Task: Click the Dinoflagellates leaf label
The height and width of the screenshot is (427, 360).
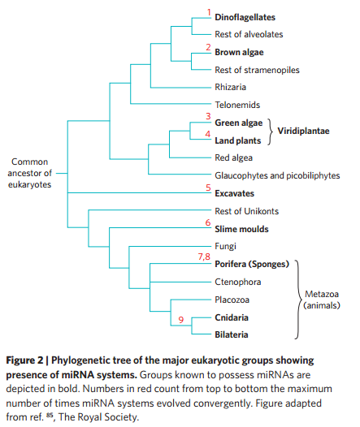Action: coord(245,17)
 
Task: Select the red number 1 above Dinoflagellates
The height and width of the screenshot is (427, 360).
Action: coord(209,12)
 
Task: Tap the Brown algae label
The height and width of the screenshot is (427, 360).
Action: coord(239,52)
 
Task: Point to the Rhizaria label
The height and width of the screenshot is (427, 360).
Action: coord(231,87)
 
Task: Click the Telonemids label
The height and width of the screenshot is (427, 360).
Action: coord(237,105)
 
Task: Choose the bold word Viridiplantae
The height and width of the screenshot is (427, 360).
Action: coord(303,131)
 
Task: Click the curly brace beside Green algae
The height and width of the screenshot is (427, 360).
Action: coord(271,132)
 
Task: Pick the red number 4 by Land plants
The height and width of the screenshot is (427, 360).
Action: coord(208,134)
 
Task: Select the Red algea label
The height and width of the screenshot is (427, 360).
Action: coord(233,157)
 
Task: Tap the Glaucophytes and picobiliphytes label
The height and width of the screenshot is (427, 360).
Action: coord(277,175)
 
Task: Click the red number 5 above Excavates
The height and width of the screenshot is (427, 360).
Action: coord(208,188)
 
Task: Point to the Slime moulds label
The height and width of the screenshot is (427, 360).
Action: coord(241,229)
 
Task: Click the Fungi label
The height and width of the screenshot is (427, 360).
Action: coord(225,247)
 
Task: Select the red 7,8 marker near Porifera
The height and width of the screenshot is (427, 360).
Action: coord(204,257)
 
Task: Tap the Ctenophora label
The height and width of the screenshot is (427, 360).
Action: coord(238,282)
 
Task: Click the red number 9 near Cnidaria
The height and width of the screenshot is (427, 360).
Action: coord(181,320)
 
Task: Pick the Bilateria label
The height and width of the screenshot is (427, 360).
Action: coord(232,334)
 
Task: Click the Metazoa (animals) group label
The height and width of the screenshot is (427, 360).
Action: coord(322,300)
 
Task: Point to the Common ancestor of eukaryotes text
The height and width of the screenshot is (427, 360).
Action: coord(30,173)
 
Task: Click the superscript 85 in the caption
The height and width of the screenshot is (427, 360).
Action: coord(50,415)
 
